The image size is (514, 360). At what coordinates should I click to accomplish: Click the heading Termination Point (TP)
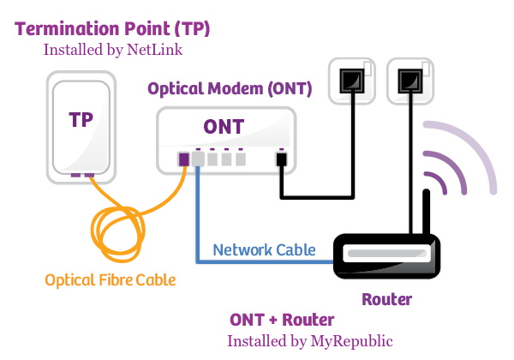coord(112,29)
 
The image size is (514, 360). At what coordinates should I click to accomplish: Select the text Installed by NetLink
coord(113,51)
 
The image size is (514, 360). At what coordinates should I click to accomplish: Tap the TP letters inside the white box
coord(81,120)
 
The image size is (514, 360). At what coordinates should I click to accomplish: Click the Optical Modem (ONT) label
coord(230,88)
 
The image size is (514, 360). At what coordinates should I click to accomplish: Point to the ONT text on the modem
coord(223,127)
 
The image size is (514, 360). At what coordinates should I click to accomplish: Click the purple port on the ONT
coord(183,159)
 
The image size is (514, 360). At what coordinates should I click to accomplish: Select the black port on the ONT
coord(280,159)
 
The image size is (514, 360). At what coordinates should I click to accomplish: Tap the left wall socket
coord(353,80)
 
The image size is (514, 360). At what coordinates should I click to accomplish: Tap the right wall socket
coord(409,80)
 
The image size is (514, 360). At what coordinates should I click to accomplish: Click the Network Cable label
coord(264,249)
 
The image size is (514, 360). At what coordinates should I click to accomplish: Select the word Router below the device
coord(386,299)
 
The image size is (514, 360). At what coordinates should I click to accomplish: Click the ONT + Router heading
coord(282,320)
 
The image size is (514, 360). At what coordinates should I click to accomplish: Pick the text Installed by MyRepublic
coord(310,340)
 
